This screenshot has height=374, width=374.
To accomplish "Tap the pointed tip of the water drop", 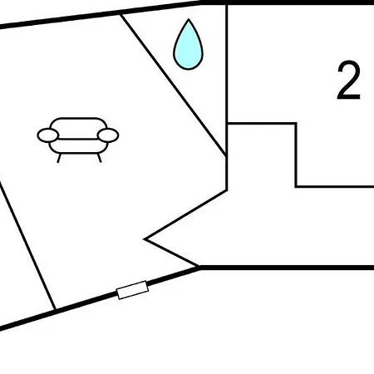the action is coord(189,19).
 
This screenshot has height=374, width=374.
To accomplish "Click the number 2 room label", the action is coord(349,81).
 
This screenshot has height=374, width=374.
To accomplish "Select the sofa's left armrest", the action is coord(48,135).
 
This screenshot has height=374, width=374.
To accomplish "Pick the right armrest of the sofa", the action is coord(108,135).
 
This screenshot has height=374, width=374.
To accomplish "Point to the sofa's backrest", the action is coord(78,128).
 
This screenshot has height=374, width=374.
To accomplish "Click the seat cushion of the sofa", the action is coord(78,146).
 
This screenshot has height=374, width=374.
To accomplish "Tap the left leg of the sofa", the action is coord(59,158).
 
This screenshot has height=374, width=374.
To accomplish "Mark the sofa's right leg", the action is coord(99,158).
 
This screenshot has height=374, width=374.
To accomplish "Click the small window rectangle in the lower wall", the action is coord(133,290).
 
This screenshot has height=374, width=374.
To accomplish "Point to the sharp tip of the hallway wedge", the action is coord(145,239).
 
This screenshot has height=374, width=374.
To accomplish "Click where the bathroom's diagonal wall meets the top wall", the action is coord(121,14).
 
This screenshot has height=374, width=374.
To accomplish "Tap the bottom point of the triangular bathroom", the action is coord(227,156).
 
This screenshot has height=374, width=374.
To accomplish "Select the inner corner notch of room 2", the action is coord(296,187).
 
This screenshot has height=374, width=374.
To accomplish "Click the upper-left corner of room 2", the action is coord(227,4).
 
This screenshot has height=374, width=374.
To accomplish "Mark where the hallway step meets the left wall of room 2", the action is coord(227,123).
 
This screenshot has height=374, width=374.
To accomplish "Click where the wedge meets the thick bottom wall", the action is coord(199,267).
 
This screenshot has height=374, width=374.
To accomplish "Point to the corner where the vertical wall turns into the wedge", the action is coord(227,190).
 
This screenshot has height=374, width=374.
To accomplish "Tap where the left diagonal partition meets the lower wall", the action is coord(55,310).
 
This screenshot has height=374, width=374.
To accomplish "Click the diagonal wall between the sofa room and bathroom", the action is coord(174,85).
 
